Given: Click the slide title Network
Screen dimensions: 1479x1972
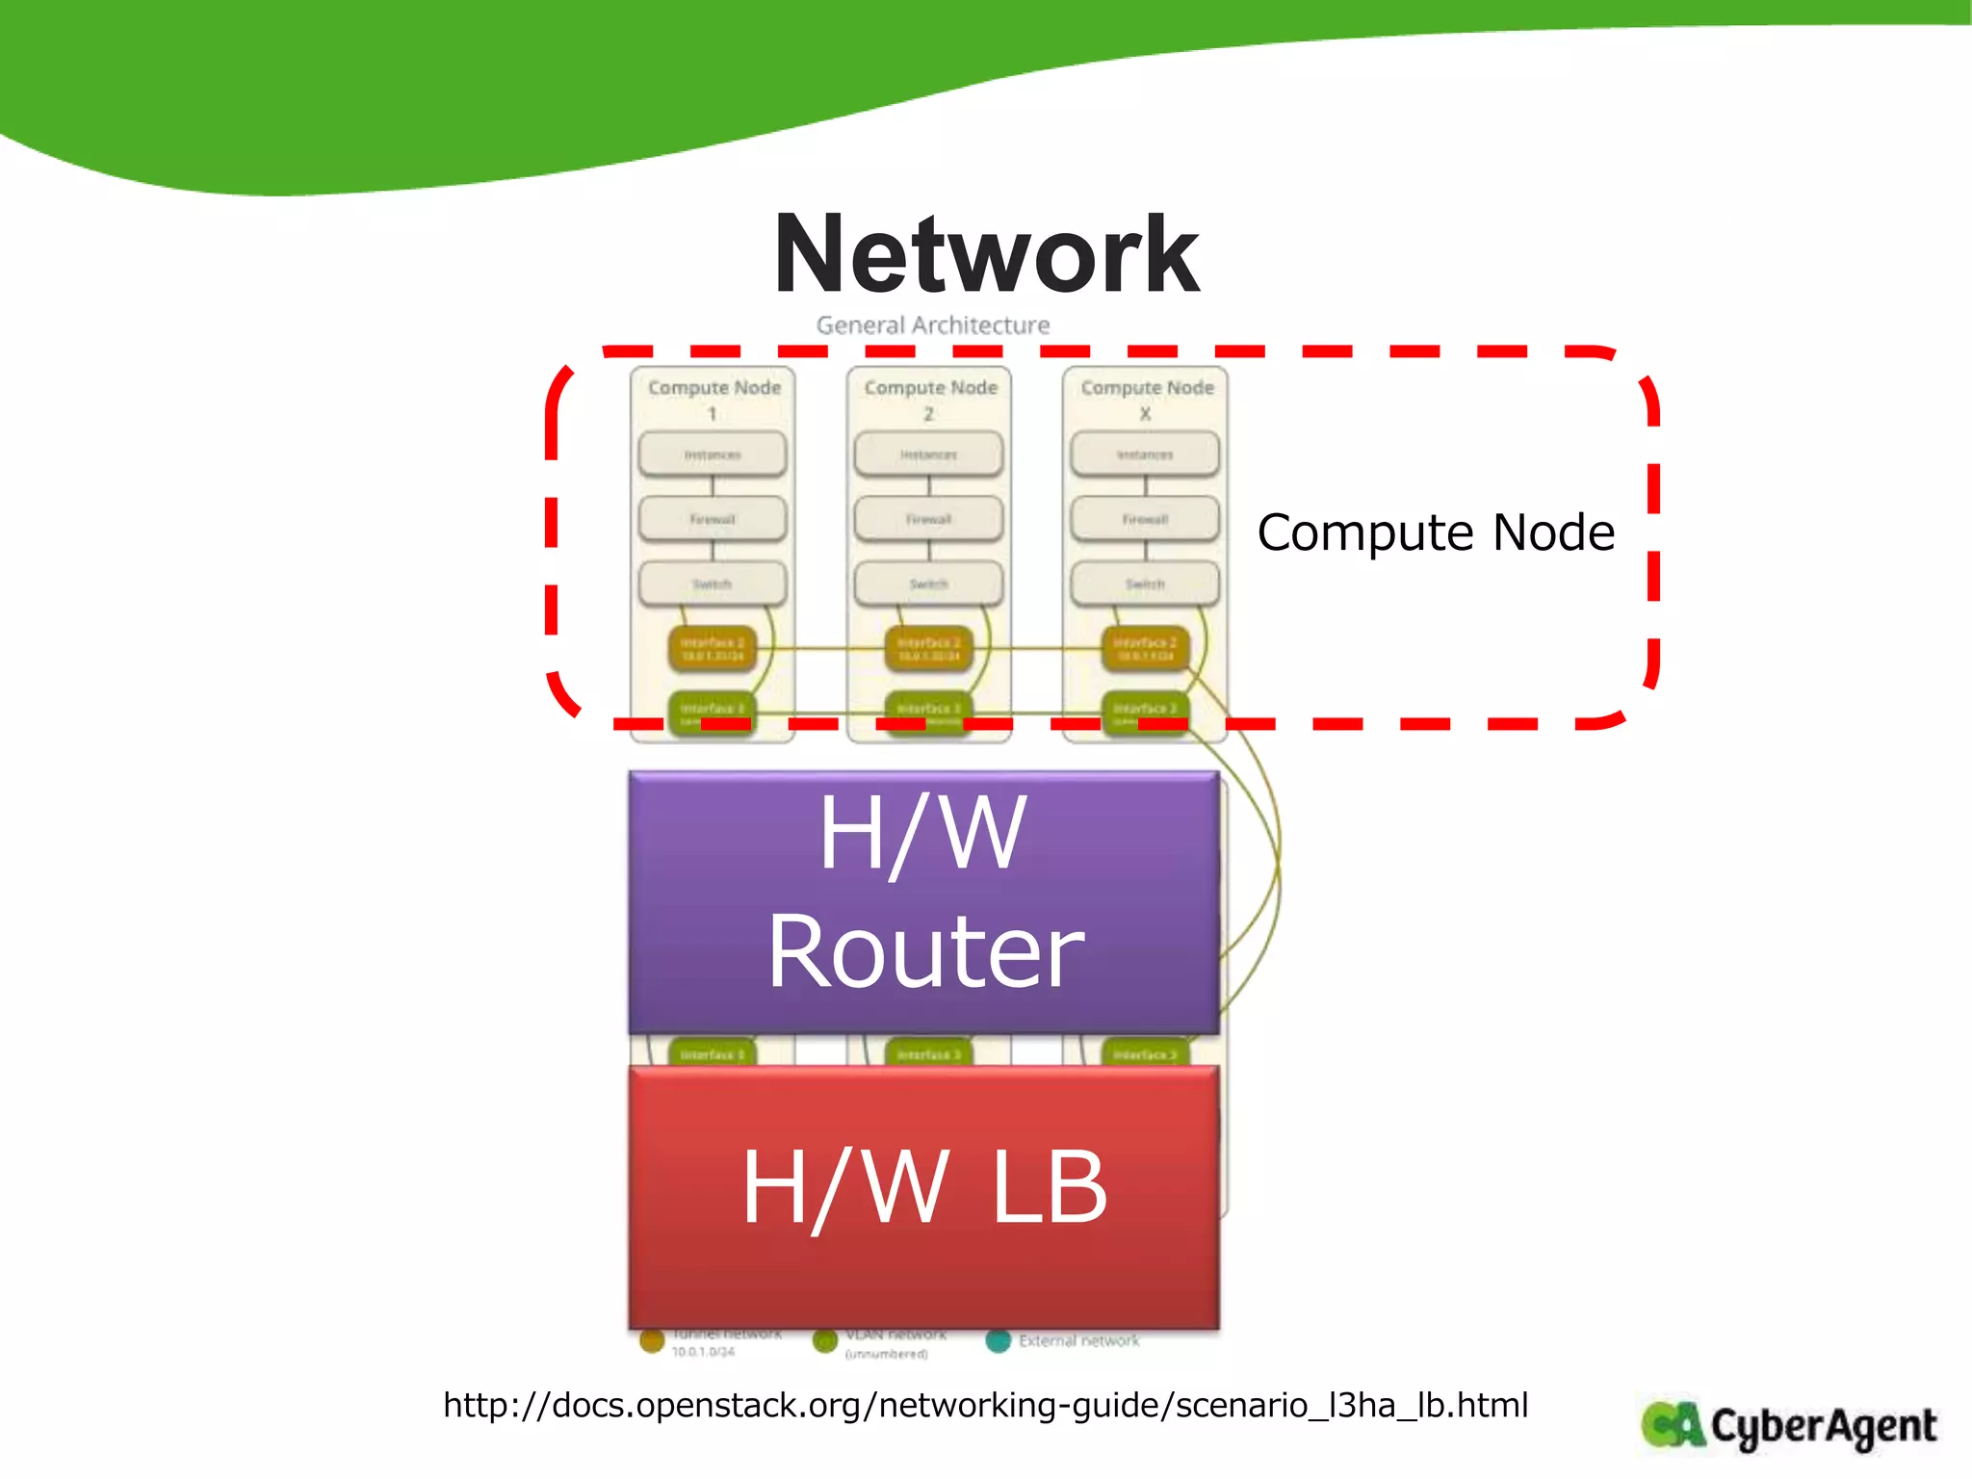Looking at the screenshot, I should (x=986, y=255).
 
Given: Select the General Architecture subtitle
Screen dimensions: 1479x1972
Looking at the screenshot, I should (x=932, y=325).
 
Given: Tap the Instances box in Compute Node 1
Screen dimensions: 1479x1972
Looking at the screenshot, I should (x=713, y=454).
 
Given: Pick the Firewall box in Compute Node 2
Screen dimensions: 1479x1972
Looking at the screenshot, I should (x=928, y=519).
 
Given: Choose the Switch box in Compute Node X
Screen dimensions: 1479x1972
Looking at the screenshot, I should (x=1145, y=584).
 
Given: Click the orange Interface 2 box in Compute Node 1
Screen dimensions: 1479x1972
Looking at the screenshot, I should (x=713, y=648).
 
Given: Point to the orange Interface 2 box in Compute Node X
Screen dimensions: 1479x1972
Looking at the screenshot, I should (x=1145, y=648).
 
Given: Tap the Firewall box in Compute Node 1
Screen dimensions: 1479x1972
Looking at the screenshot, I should (x=713, y=519).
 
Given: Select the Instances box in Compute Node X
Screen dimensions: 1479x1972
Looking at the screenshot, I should (x=1145, y=454).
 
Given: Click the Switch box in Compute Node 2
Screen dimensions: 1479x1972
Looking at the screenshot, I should (x=928, y=584).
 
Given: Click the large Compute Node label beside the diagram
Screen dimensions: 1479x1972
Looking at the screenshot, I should (x=1436, y=532).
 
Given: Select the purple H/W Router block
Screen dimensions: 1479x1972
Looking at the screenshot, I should (x=924, y=902).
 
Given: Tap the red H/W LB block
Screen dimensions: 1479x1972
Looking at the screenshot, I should (x=924, y=1196).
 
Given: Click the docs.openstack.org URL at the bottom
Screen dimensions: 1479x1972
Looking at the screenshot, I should (x=985, y=1405).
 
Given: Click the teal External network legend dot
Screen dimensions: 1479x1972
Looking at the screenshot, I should (x=999, y=1340).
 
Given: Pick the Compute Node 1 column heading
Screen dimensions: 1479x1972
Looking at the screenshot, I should (x=714, y=399).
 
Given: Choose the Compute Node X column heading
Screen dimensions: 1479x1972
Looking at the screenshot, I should (x=1146, y=399).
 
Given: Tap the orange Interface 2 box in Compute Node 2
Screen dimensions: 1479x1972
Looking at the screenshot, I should (x=928, y=648).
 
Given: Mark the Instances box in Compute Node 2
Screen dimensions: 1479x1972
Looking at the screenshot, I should (x=928, y=454).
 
